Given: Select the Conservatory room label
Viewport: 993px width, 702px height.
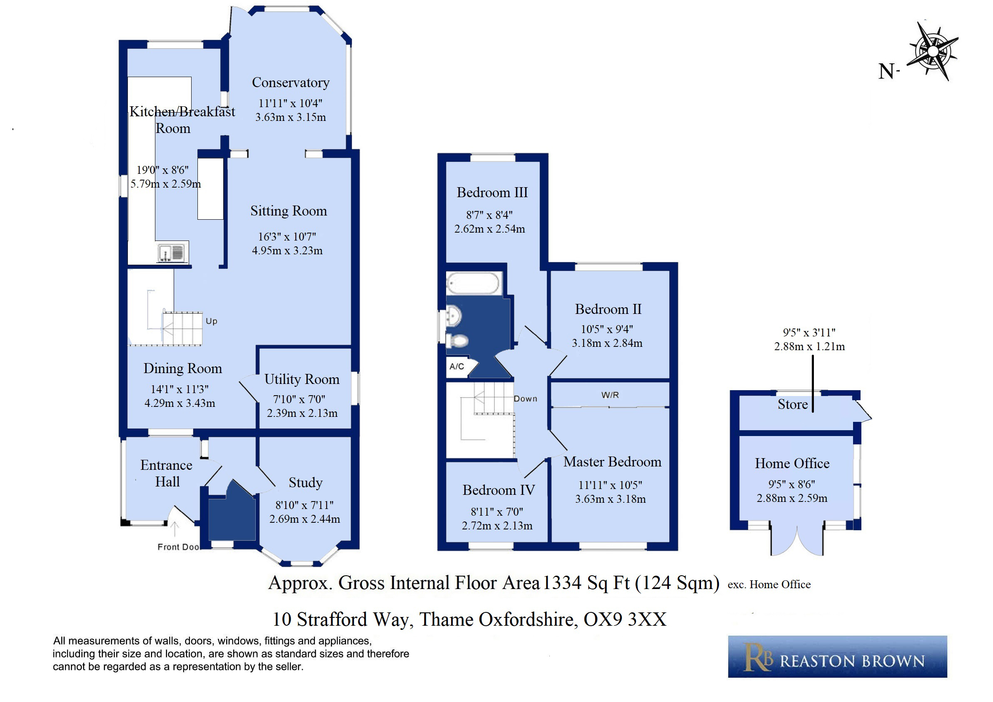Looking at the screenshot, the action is pyautogui.click(x=291, y=82).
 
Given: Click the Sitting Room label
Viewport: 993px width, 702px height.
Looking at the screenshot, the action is pyautogui.click(x=289, y=211).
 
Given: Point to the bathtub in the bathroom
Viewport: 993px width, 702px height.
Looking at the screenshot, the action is pyautogui.click(x=474, y=283).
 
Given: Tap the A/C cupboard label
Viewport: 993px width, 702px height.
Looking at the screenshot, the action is pyautogui.click(x=457, y=366).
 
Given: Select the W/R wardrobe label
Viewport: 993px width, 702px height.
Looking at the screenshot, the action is pyautogui.click(x=610, y=395).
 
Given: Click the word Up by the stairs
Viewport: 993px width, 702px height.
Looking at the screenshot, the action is pyautogui.click(x=212, y=321).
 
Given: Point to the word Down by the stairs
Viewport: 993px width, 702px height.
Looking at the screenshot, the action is pyautogui.click(x=526, y=399).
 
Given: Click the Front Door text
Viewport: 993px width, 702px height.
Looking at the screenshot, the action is pyautogui.click(x=178, y=547).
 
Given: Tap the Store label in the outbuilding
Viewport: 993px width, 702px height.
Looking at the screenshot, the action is pyautogui.click(x=793, y=404).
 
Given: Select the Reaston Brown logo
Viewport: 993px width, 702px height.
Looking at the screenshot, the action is pyautogui.click(x=837, y=657).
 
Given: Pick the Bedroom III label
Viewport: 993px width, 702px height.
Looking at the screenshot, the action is pyautogui.click(x=492, y=192).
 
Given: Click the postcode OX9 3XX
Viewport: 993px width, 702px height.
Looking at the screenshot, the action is pyautogui.click(x=625, y=619).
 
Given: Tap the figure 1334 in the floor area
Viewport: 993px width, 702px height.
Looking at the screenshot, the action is pyautogui.click(x=562, y=582).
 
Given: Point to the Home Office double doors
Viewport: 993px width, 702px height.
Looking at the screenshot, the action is pyautogui.click(x=797, y=540).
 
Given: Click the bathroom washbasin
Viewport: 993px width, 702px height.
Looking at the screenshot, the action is pyautogui.click(x=454, y=316).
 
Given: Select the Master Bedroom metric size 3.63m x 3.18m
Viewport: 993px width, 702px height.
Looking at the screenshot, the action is pyautogui.click(x=610, y=499).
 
